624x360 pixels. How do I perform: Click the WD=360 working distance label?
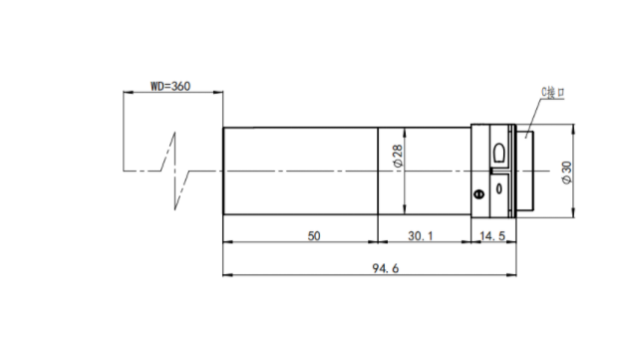tap(170, 86)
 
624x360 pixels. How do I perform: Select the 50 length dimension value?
tap(314, 236)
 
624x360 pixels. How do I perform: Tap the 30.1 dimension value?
tap(421, 236)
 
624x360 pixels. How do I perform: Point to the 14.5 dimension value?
tap(492, 236)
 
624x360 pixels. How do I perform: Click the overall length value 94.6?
tap(385, 268)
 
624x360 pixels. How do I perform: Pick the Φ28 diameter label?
tap(398, 156)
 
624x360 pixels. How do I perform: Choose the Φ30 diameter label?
tap(567, 173)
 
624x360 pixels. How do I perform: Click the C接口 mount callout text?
tap(553, 93)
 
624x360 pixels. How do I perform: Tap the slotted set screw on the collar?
tap(479, 194)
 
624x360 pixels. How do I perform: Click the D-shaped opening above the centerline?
tap(499, 153)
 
